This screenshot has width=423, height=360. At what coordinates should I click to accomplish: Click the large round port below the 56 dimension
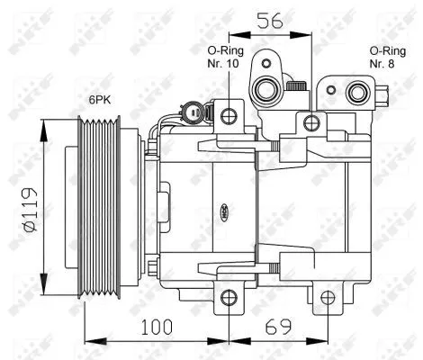[267, 87]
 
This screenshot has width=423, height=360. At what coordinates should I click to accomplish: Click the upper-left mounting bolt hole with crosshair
[229, 114]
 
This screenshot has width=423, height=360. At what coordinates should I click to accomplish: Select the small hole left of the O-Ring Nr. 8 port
[330, 91]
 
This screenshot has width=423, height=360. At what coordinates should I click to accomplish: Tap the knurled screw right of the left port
[295, 86]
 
